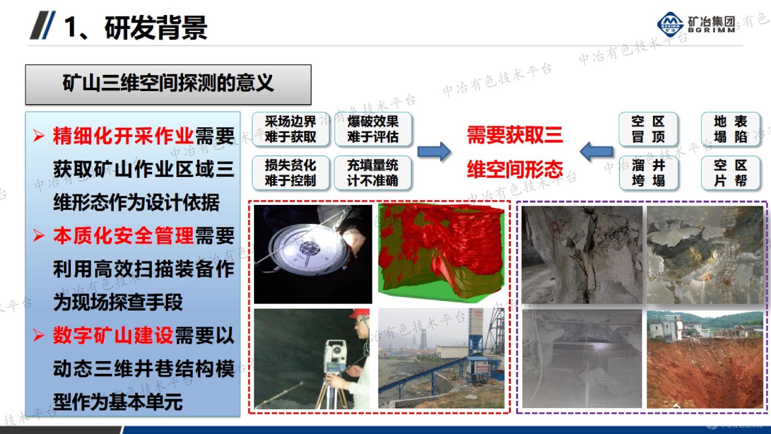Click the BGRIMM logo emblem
[x=670, y=23]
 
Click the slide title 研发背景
[x=156, y=27]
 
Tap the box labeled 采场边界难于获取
[x=291, y=129]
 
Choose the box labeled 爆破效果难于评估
[x=373, y=129]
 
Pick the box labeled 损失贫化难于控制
[x=291, y=173]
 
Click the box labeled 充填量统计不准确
[x=373, y=173]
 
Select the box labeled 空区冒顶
[x=648, y=129]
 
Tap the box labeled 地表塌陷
[x=731, y=129]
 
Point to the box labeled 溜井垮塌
[x=648, y=173]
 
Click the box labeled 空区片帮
[x=731, y=173]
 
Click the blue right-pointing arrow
[x=434, y=152]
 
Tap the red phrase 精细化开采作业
[x=123, y=136]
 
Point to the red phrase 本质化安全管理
[x=123, y=236]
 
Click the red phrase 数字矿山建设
[x=113, y=336]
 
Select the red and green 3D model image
[x=441, y=251]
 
